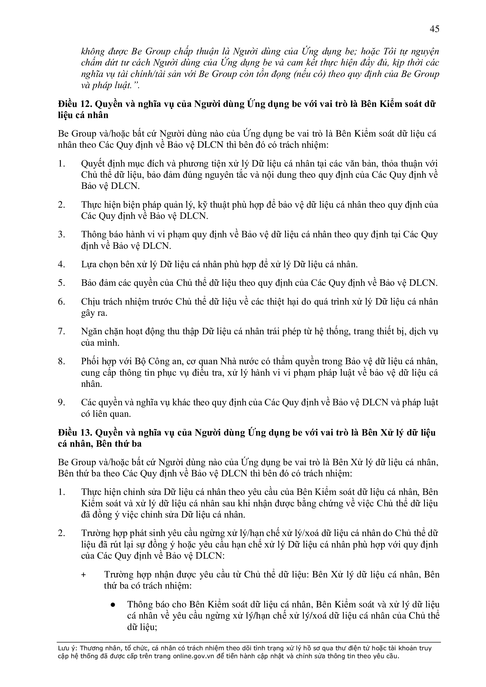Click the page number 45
point(434,29)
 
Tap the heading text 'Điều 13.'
point(75,433)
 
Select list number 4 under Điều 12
point(61,265)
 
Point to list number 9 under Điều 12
point(61,403)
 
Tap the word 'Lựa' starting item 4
point(89,265)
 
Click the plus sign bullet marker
point(83,575)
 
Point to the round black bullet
point(113,605)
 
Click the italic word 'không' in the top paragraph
point(93,51)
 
